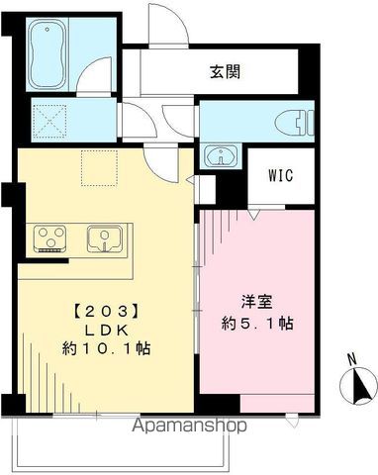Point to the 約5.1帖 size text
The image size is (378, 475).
pos(258,324)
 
